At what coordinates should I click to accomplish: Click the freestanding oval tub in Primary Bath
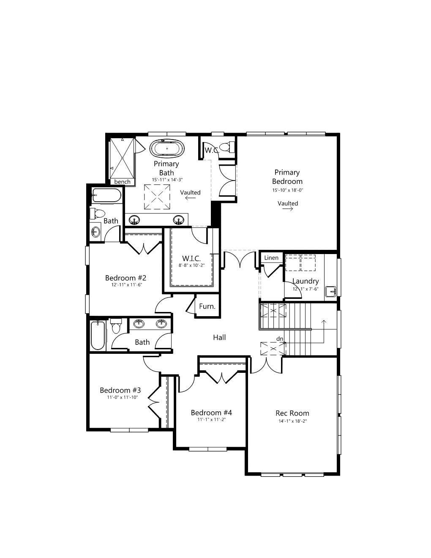tap(167, 148)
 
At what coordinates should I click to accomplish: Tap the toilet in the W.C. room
tap(228, 147)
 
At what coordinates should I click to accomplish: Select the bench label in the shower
tap(122, 182)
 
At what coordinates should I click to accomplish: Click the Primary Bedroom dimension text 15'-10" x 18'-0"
tap(288, 190)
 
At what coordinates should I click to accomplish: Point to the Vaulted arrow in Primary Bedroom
tap(288, 209)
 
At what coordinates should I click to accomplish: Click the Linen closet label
tap(271, 257)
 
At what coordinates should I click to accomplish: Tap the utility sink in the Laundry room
tap(331, 291)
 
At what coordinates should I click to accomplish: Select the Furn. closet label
tap(207, 306)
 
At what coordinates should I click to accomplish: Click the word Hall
tap(219, 337)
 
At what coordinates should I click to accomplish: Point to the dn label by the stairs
tap(280, 339)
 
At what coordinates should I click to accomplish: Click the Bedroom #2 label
tap(125, 278)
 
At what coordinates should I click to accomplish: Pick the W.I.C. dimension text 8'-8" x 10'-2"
tap(191, 265)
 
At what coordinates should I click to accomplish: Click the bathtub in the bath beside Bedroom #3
tap(98, 335)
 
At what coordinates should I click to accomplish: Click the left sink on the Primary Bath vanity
tap(134, 220)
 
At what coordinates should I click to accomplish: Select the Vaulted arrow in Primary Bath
tap(191, 198)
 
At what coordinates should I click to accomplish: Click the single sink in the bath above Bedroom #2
tap(96, 232)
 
